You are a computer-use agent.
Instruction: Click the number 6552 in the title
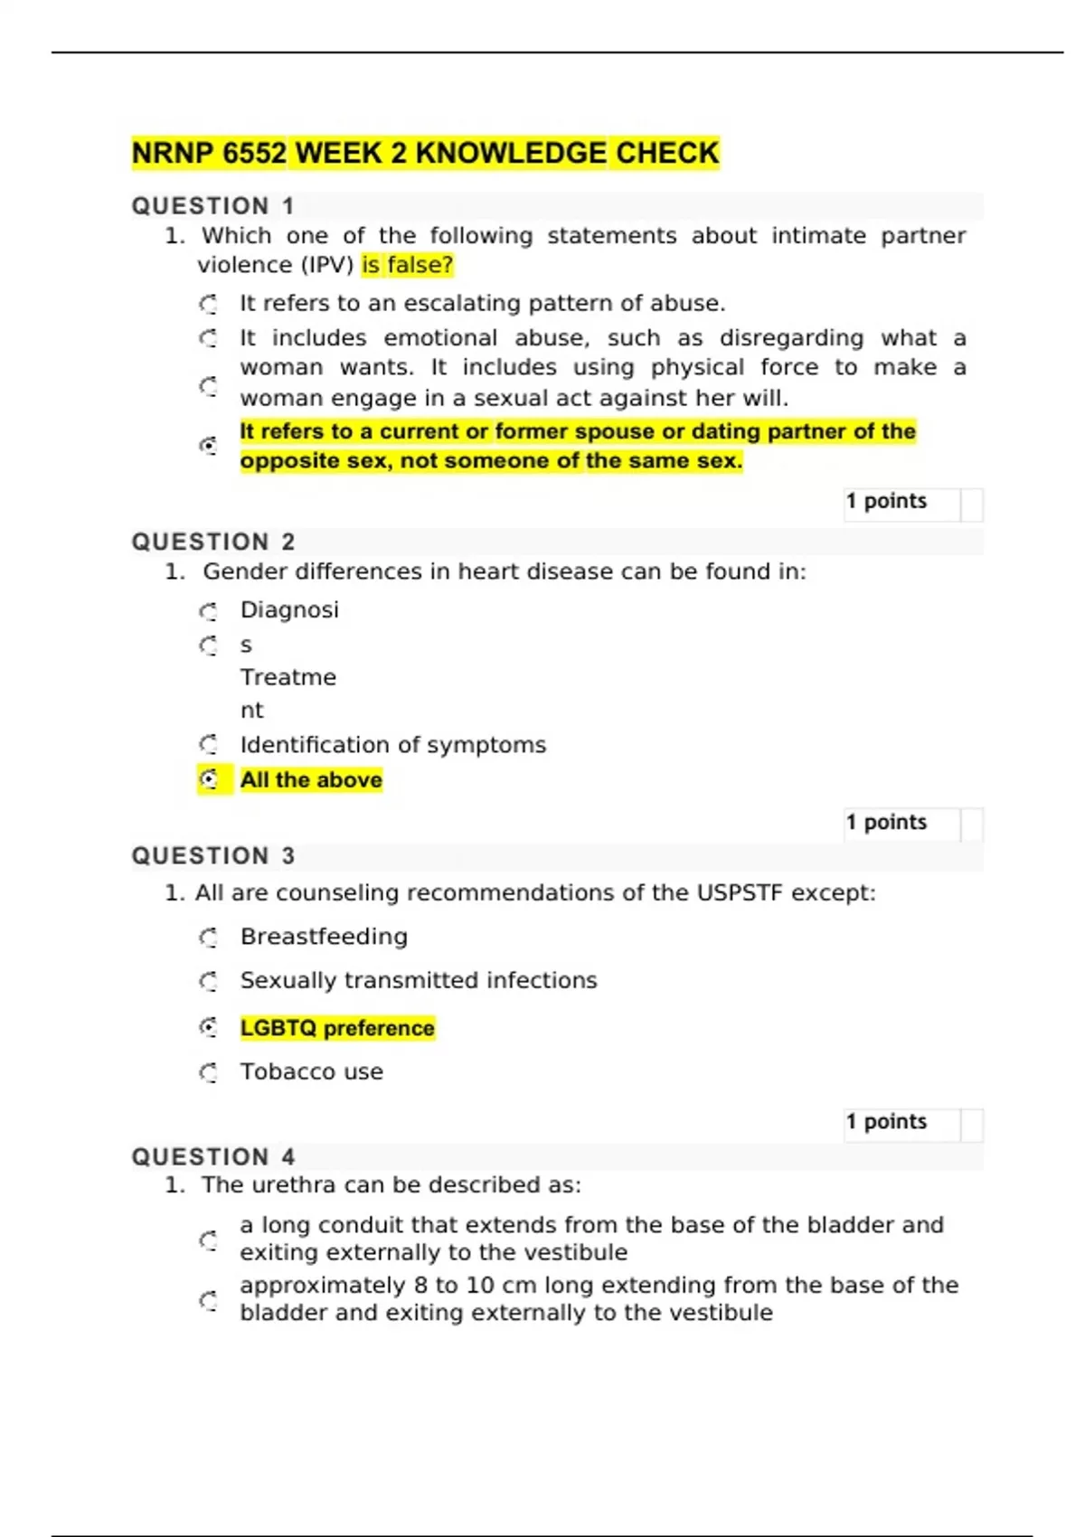pos(254,154)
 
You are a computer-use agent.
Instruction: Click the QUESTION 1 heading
pos(212,206)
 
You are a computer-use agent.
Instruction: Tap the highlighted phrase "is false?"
pos(407,265)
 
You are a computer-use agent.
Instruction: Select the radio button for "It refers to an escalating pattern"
pos(209,304)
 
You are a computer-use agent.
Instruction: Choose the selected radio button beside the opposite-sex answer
pos(209,446)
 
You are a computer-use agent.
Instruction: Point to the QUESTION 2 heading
pos(212,542)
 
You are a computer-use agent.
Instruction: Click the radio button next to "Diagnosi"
pos(209,612)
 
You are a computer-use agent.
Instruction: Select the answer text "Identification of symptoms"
pos(392,745)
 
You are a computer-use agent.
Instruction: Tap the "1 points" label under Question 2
pos(886,822)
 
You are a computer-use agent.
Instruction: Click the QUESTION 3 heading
pos(212,855)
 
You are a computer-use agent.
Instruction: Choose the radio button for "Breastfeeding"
pos(209,938)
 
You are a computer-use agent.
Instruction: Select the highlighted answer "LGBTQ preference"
pos(337,1028)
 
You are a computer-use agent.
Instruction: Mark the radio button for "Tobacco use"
pos(209,1072)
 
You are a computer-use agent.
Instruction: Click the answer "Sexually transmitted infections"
pos(418,981)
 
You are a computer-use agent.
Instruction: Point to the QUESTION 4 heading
pos(212,1156)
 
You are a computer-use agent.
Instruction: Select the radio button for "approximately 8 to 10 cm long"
pos(209,1301)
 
